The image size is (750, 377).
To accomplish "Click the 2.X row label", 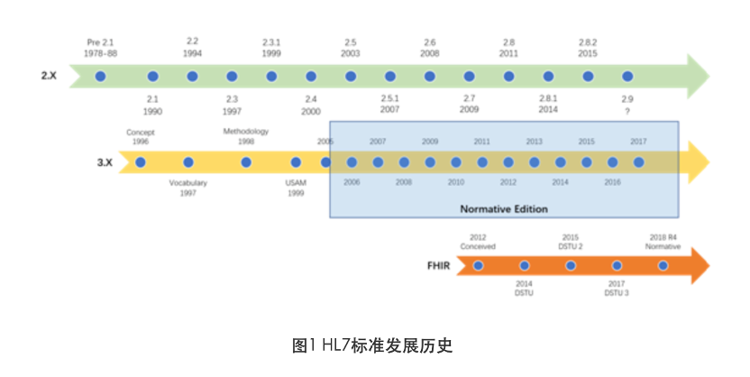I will (x=49, y=77).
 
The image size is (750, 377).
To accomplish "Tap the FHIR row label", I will (x=439, y=266).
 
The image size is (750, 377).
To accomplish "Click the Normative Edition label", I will (x=503, y=209).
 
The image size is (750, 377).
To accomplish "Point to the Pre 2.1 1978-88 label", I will (x=101, y=48).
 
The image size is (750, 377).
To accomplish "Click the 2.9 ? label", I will (x=627, y=104).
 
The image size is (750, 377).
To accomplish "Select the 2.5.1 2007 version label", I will (x=389, y=104).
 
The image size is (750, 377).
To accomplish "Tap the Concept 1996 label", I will (x=140, y=137).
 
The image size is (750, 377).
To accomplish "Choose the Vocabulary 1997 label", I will (x=188, y=188).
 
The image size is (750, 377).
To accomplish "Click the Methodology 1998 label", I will (x=246, y=136).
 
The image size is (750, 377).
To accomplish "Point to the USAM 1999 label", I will (x=296, y=188).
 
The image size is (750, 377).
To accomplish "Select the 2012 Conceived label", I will (x=478, y=241).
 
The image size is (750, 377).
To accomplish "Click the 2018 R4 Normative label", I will (x=663, y=241).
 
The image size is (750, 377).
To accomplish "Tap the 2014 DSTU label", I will (x=525, y=289).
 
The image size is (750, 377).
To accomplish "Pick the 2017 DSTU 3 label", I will (x=617, y=289).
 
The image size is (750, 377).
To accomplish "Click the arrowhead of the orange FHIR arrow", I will (x=698, y=265).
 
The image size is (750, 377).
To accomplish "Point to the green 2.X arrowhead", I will (x=698, y=77).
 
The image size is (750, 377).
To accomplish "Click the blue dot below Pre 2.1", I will (x=101, y=77).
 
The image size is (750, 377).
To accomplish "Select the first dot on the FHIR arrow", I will (x=479, y=265).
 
